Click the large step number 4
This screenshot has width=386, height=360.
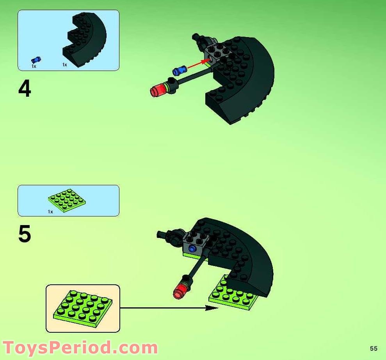pyautogui.click(x=25, y=89)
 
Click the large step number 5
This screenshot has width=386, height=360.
pyautogui.click(x=25, y=235)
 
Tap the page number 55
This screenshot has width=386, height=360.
pyautogui.click(x=374, y=348)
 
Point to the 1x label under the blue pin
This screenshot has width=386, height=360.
pyautogui.click(x=34, y=67)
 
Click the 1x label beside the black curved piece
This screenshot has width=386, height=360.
pyautogui.click(x=64, y=65)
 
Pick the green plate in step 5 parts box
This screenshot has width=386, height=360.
pyautogui.click(x=67, y=200)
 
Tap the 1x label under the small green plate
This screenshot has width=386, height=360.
pyautogui.click(x=50, y=212)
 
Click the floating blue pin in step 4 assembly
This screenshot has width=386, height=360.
pyautogui.click(x=180, y=71)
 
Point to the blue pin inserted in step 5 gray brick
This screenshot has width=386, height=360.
pyautogui.click(x=192, y=248)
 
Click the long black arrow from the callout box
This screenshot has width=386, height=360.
pyautogui.click(x=168, y=308)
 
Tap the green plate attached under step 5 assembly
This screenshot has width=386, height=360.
pyautogui.click(x=230, y=296)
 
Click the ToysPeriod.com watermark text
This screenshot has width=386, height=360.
pyautogui.click(x=80, y=347)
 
